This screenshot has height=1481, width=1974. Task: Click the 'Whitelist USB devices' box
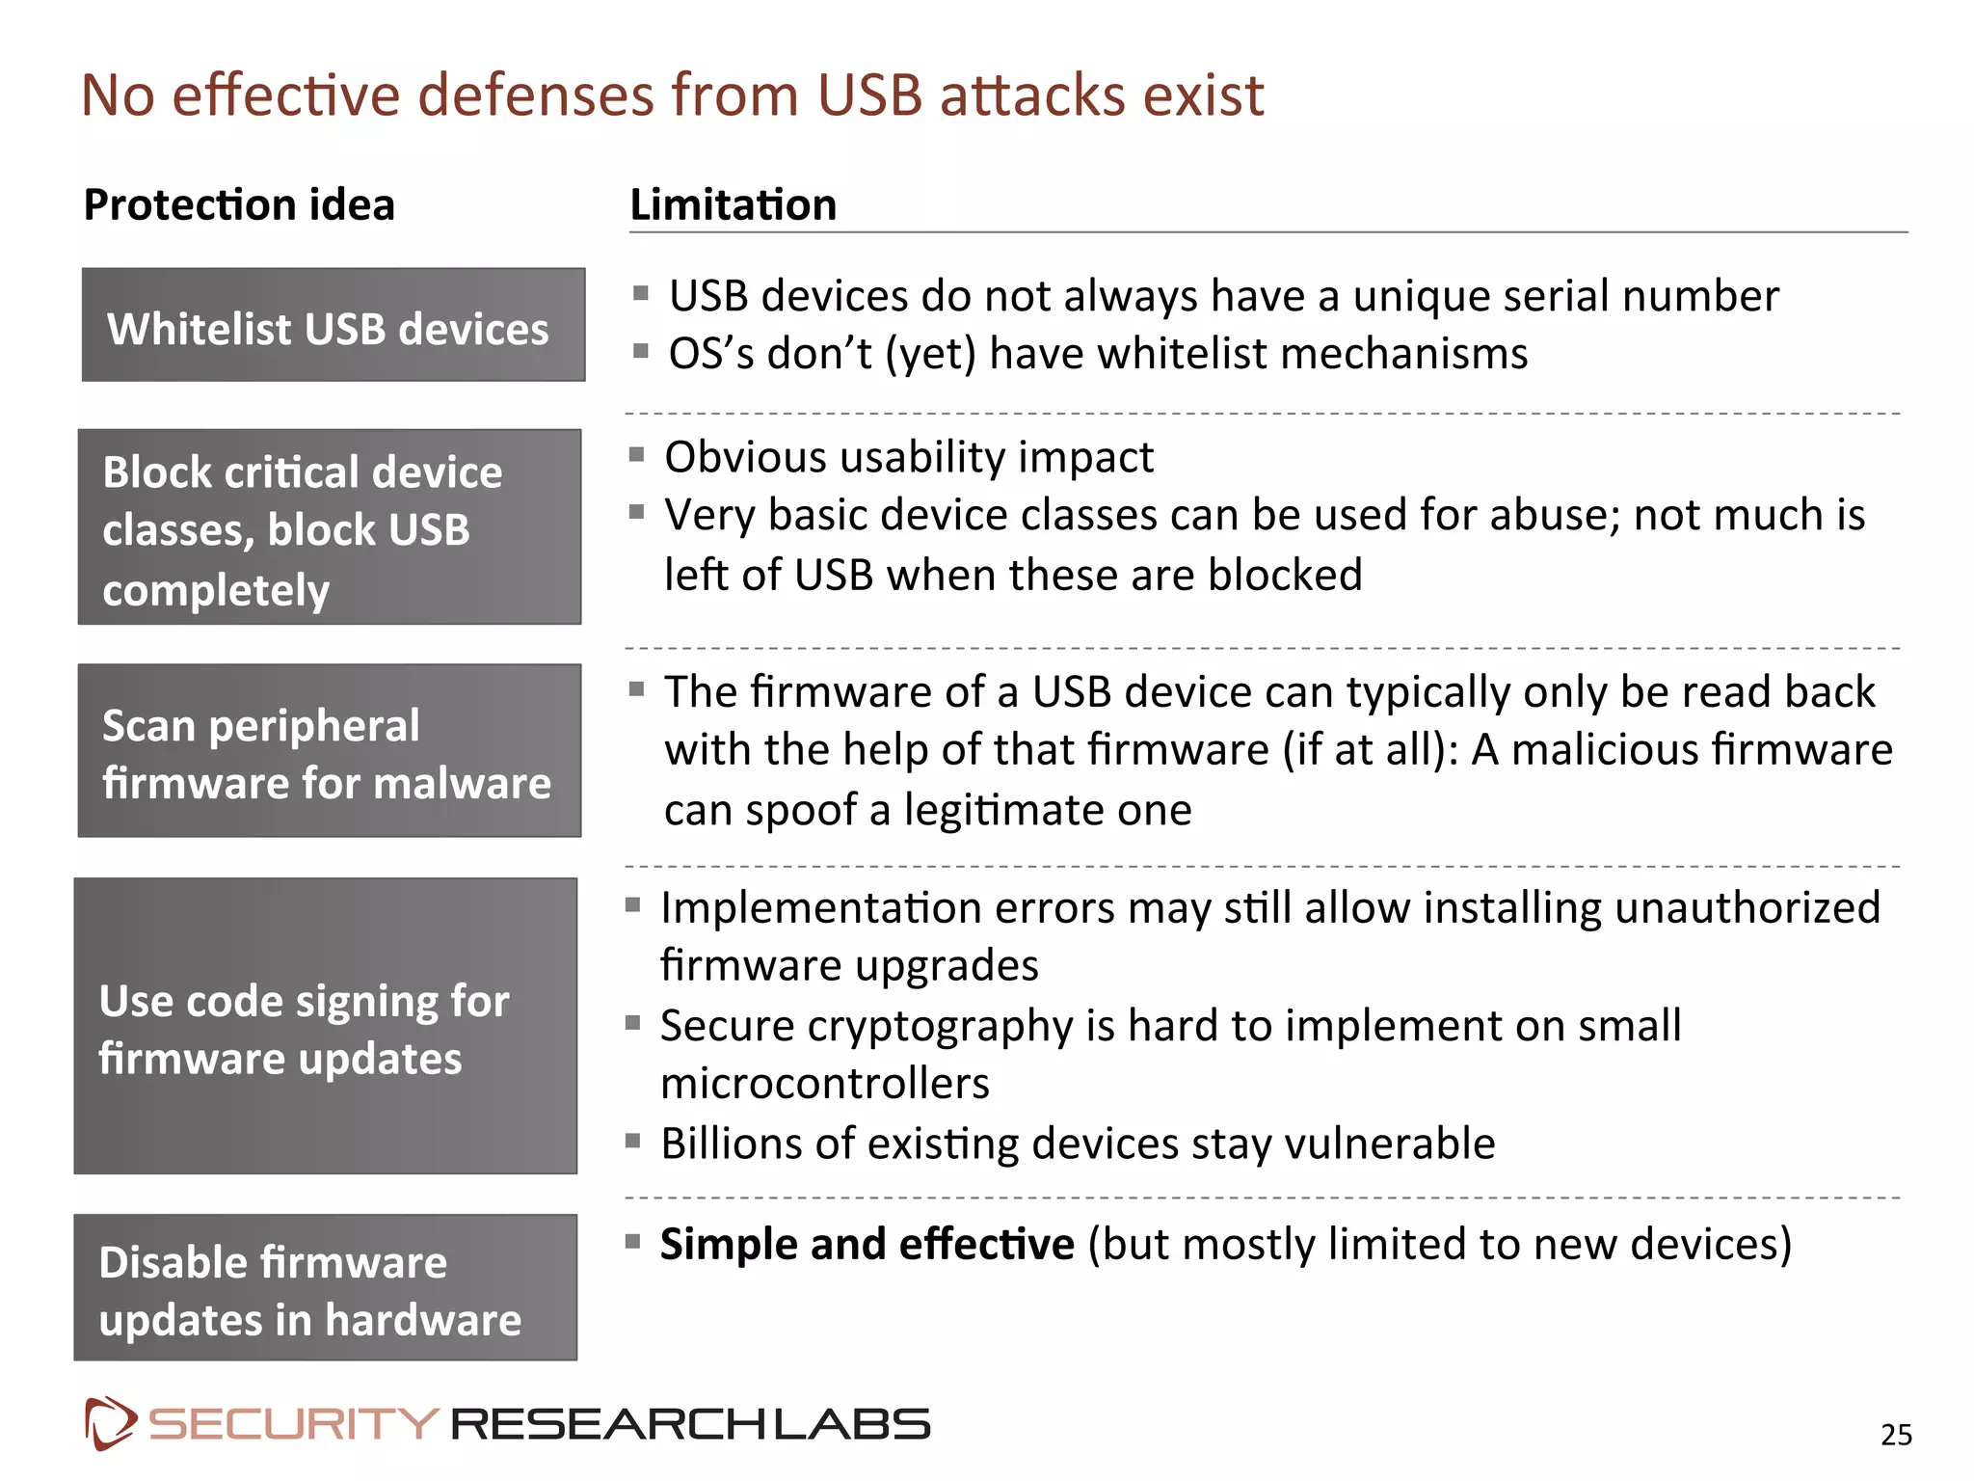[333, 325]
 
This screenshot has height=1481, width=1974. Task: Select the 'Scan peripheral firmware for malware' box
[329, 750]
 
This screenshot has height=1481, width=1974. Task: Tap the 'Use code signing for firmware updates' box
[326, 1026]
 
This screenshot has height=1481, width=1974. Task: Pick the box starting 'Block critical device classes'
[329, 526]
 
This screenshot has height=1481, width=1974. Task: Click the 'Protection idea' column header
[239, 204]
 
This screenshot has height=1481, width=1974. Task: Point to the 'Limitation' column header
[733, 204]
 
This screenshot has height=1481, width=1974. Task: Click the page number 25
[1896, 1435]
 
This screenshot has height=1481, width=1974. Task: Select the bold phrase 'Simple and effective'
[867, 1244]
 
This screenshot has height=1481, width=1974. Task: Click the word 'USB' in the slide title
[870, 95]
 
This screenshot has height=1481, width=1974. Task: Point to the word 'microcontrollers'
[825, 1084]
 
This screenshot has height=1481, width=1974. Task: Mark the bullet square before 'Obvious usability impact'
[636, 454]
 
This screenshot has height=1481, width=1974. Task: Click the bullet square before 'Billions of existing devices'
[633, 1142]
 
